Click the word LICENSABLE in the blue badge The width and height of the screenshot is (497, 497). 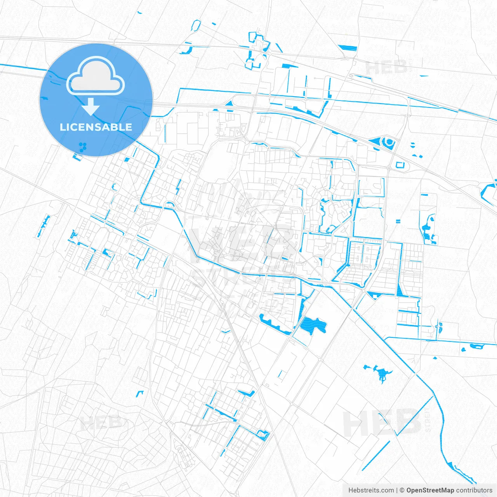pyautogui.click(x=96, y=127)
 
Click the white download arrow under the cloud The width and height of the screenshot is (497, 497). pyautogui.click(x=91, y=107)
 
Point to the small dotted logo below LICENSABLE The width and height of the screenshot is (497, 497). pyautogui.click(x=83, y=147)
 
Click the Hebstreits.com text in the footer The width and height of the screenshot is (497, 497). pyautogui.click(x=371, y=490)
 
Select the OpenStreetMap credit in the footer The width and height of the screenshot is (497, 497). pyautogui.click(x=430, y=490)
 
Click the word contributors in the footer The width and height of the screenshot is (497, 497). pyautogui.click(x=474, y=490)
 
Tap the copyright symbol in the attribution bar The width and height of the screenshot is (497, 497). pyautogui.click(x=402, y=490)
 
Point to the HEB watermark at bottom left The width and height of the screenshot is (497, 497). pyautogui.click(x=101, y=422)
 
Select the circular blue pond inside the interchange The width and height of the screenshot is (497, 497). pyautogui.click(x=388, y=142)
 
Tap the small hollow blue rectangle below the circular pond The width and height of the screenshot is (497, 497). pyautogui.click(x=400, y=165)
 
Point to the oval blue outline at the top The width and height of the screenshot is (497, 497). pyautogui.click(x=196, y=26)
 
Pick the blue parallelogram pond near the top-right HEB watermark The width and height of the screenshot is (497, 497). pyautogui.click(x=348, y=48)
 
